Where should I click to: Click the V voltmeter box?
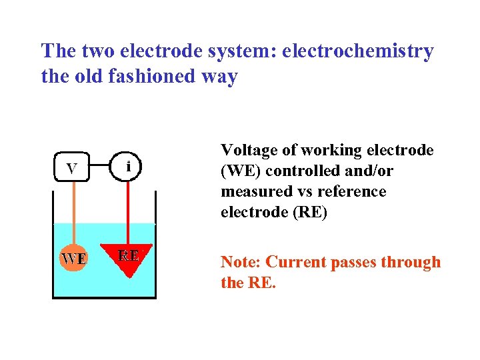(71, 167)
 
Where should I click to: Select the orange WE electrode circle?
(73, 257)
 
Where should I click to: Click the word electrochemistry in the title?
(358, 51)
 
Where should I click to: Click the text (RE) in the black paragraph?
(309, 212)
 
